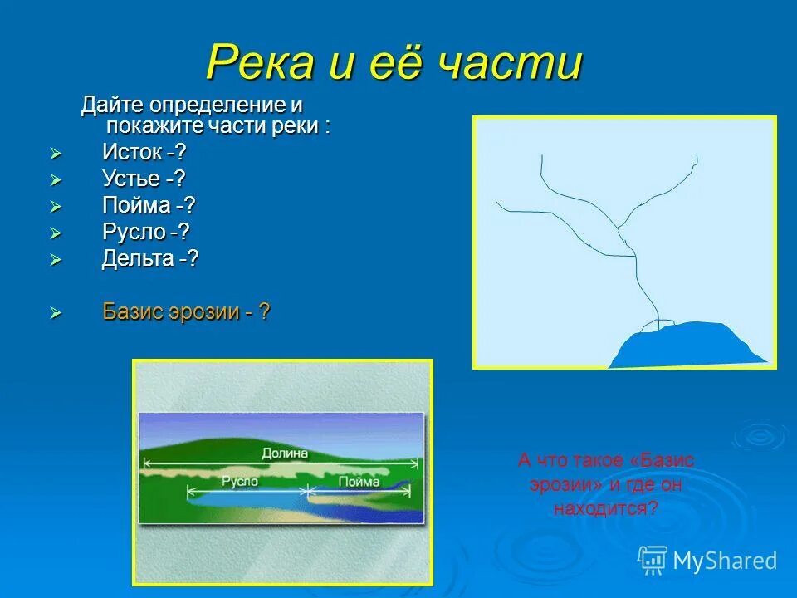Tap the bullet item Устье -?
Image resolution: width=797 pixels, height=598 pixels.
pyautogui.click(x=144, y=179)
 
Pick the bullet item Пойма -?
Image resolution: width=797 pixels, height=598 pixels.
pyautogui.click(x=149, y=205)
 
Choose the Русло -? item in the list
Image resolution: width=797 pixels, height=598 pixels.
pyautogui.click(x=145, y=232)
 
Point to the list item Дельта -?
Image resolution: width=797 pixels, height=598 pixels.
pyautogui.click(x=149, y=258)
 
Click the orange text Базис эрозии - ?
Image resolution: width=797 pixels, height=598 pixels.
pyautogui.click(x=186, y=312)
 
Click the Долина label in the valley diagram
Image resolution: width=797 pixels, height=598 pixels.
pyautogui.click(x=284, y=453)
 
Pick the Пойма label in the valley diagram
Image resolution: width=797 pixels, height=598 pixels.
pyautogui.click(x=359, y=481)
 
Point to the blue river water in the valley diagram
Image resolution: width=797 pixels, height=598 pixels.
pyautogui.click(x=249, y=500)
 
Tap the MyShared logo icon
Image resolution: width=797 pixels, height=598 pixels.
pyautogui.click(x=653, y=560)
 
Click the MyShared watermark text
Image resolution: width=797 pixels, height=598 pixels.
pyautogui.click(x=725, y=561)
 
